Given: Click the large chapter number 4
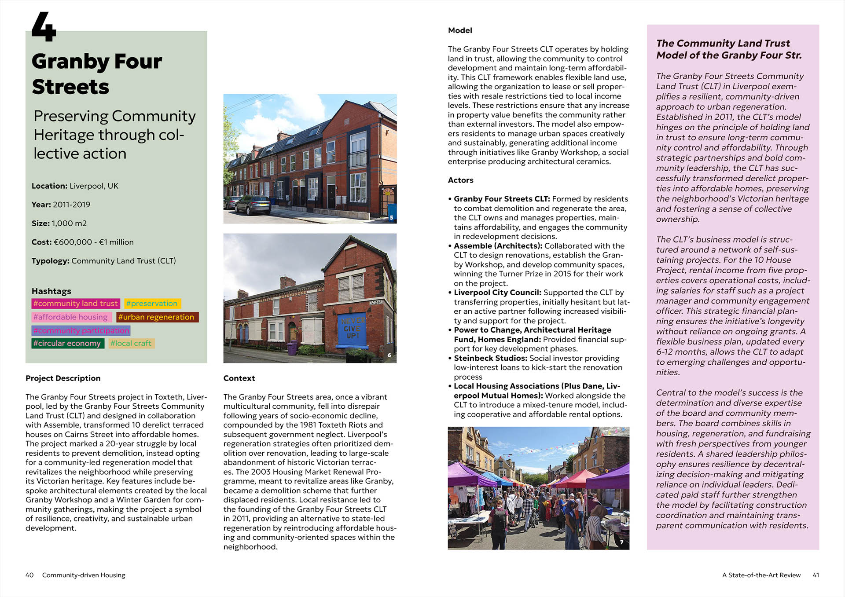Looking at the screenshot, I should coord(44,27).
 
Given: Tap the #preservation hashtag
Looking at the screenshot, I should coord(152,304).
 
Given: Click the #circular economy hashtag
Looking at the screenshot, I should coord(67,343).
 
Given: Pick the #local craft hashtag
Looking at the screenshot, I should coord(131,343).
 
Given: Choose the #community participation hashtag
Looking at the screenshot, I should coord(81,330).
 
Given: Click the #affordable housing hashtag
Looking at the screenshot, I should coord(70,317).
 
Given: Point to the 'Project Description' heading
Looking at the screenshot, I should coord(63,378).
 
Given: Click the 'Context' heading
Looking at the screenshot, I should coord(239,378).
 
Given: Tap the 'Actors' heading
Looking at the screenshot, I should coord(460,180).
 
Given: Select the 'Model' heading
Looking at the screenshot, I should coord(460,30).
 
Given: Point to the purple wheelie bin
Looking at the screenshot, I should coord(292,349).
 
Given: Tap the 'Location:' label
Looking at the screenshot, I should coord(49,186).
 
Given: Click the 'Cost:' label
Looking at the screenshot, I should coord(41,242).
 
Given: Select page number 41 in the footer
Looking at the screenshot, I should coord(816,575).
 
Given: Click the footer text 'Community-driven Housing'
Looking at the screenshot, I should coord(84,575).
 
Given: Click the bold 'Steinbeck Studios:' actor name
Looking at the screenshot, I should coord(490,358).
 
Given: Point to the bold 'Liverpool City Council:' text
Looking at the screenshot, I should coord(497,293).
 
